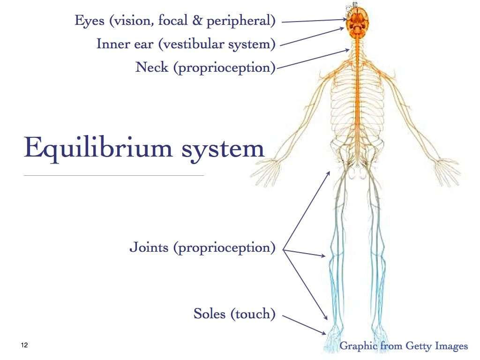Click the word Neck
pos(152,67)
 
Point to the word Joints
pos(149,247)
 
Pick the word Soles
pos(210,314)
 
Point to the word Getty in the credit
pos(414,346)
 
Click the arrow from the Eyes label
pos(314,21)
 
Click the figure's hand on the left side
pos(264,171)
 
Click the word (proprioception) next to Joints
pos(224,248)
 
